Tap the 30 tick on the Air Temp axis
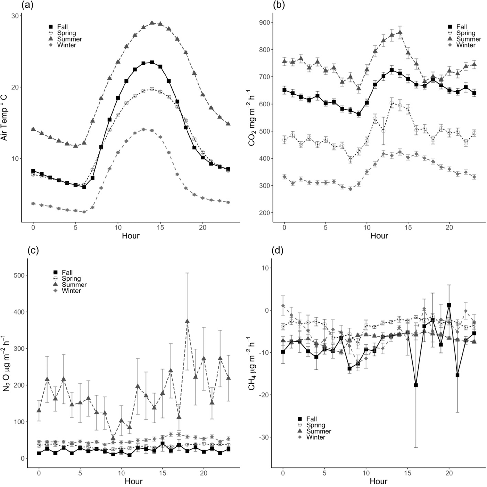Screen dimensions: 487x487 [16, 16]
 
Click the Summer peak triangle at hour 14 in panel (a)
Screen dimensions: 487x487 [152, 23]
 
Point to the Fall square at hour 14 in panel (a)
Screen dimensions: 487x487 [152, 62]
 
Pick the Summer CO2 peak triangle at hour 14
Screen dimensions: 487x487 [400, 32]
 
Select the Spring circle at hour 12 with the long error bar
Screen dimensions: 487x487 [383, 131]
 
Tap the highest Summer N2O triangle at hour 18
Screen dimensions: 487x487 [187, 321]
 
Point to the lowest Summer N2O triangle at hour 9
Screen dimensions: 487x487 [113, 438]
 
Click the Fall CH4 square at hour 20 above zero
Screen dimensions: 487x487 [449, 305]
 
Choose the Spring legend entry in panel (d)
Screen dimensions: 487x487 [316, 425]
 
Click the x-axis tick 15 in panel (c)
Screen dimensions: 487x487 [163, 473]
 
